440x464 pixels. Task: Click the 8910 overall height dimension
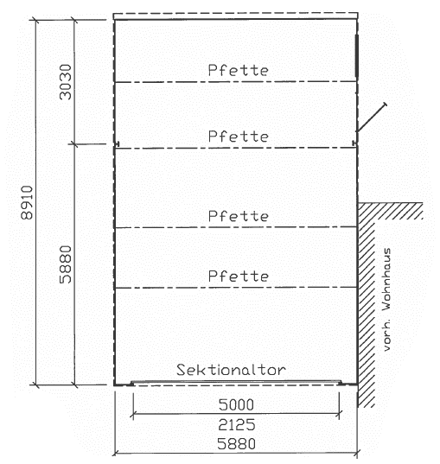click(x=27, y=202)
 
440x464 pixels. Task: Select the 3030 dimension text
click(x=66, y=82)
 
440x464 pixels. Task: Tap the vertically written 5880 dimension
click(x=66, y=264)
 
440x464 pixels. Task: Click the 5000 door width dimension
click(x=236, y=404)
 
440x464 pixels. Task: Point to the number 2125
click(x=237, y=424)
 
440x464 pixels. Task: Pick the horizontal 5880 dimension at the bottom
click(x=236, y=443)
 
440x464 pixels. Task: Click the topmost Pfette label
click(x=239, y=70)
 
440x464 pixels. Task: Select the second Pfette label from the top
click(x=239, y=137)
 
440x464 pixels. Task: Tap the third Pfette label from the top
click(x=239, y=216)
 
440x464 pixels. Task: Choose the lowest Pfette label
click(x=239, y=276)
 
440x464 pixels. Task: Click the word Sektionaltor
click(x=232, y=370)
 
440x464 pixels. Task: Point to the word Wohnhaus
click(x=386, y=279)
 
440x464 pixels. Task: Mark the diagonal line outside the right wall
click(x=372, y=118)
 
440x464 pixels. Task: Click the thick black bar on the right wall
click(x=357, y=55)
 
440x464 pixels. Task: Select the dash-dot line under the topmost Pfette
click(x=235, y=82)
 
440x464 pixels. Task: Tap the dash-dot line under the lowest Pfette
click(x=235, y=288)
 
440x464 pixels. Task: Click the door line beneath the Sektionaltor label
click(x=236, y=382)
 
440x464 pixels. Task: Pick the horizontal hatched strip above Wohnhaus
click(x=391, y=211)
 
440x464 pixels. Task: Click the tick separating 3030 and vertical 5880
click(x=74, y=144)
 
